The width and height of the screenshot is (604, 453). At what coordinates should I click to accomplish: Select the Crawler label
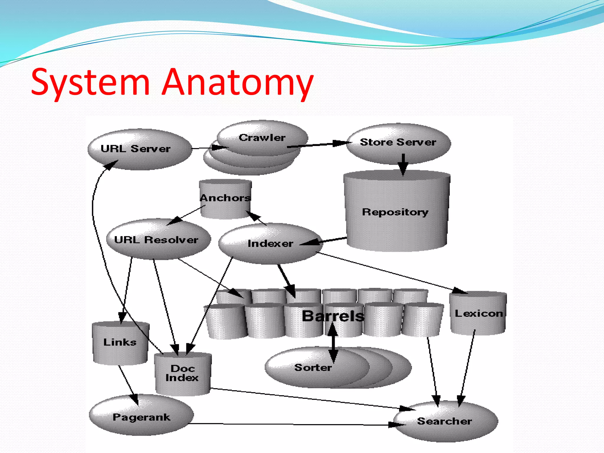coord(262,138)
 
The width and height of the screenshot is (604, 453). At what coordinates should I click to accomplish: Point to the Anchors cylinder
coord(225,198)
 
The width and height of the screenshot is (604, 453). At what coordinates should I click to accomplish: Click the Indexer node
coord(270,243)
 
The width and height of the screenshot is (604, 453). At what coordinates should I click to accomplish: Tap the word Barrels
coord(333,316)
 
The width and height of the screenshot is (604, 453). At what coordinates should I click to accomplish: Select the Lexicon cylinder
coord(478,313)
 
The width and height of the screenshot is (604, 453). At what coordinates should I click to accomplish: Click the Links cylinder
coord(120,342)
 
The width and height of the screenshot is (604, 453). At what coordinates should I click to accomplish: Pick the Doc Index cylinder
coord(182,373)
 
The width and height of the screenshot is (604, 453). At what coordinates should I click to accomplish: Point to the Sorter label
coord(313,367)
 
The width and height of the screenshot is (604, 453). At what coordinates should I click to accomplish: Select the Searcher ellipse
coord(445,421)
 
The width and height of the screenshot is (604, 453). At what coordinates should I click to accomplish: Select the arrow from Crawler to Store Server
coord(319,145)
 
